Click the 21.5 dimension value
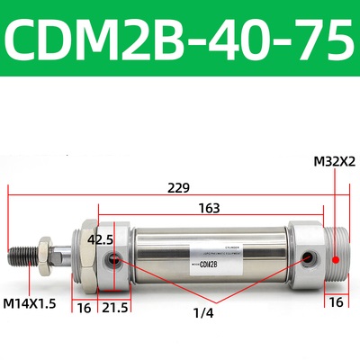(112, 308)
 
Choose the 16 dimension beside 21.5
(84, 308)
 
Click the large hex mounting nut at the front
(85, 256)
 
